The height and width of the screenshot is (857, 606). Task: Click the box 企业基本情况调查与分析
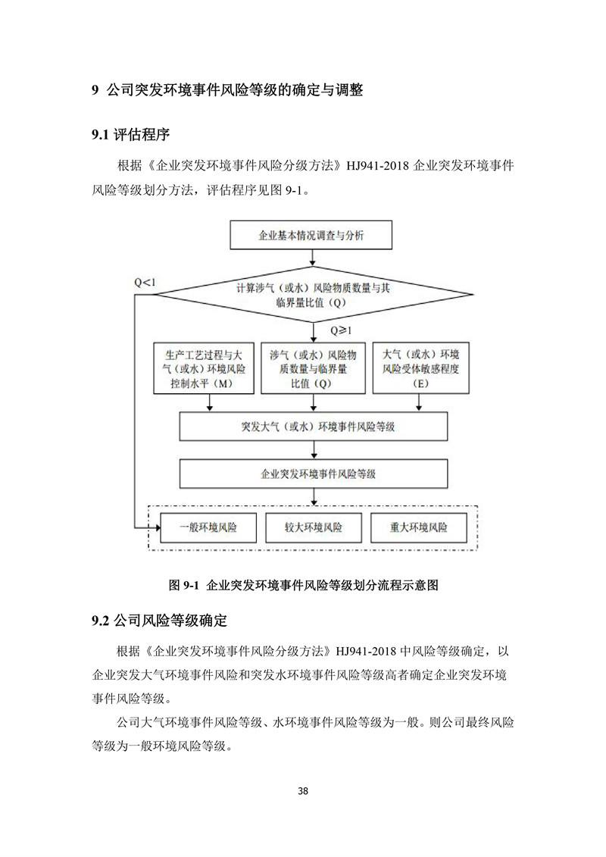coord(311,235)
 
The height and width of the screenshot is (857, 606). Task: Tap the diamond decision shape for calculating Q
coord(313,295)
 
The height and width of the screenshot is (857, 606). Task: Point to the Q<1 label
coord(145,282)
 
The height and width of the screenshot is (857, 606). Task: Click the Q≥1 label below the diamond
coord(341,330)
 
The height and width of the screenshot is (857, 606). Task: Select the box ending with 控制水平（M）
coord(204,368)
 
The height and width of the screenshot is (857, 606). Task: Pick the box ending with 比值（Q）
coord(313,368)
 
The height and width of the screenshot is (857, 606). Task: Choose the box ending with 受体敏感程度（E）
coord(420,368)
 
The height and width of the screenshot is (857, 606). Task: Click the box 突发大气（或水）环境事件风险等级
coord(314,427)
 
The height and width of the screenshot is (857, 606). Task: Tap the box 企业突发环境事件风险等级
coord(314,474)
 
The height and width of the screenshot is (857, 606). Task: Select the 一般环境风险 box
coord(208,527)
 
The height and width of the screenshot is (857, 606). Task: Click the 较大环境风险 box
coord(313,527)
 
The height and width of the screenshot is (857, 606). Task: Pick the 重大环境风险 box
coord(419,527)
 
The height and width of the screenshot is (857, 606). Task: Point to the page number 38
coord(303,791)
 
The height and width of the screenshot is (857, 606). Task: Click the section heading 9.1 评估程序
coord(130,134)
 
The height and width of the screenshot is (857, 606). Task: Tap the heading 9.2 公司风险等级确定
coord(159,621)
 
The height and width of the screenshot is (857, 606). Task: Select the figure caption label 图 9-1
coord(183,586)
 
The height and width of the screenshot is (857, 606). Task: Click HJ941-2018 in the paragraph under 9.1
coord(377,166)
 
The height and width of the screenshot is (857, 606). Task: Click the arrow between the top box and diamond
coord(313,258)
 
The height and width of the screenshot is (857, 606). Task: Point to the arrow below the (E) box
coord(419,403)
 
